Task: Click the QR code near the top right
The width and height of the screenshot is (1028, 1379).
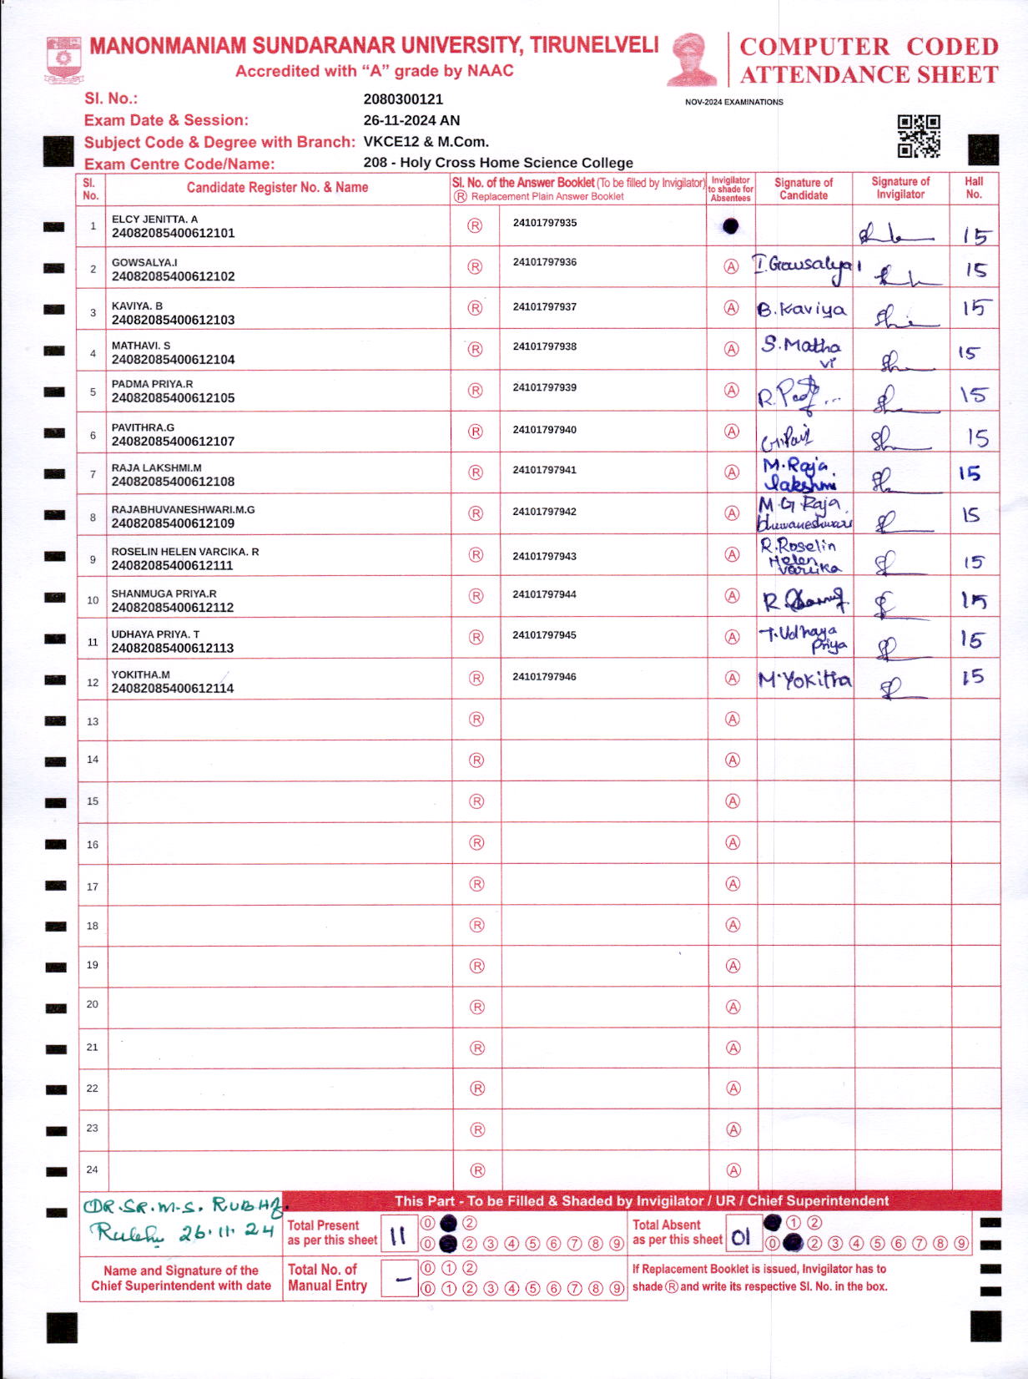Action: click(x=919, y=136)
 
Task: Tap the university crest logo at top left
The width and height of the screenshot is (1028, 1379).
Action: click(x=63, y=58)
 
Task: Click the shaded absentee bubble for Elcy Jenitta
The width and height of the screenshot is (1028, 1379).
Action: click(x=731, y=225)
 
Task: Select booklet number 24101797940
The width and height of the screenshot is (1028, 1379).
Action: click(x=544, y=430)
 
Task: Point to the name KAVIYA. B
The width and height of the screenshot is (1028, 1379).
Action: click(x=137, y=306)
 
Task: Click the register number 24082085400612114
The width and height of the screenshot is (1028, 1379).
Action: click(x=173, y=689)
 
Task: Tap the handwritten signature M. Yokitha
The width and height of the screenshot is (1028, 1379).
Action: click(x=804, y=680)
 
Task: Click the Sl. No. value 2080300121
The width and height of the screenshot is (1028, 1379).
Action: click(x=403, y=99)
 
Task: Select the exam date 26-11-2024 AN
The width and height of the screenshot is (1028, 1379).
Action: click(x=411, y=120)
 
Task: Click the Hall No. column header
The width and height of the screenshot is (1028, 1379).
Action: click(x=974, y=188)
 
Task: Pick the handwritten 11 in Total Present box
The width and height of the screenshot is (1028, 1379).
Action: click(x=398, y=1235)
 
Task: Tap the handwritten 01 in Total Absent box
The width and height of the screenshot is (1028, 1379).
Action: click(x=741, y=1237)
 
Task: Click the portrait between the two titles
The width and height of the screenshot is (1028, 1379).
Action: click(x=692, y=59)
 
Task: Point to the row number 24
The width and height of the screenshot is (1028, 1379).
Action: click(x=93, y=1169)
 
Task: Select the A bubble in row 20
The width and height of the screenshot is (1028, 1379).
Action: click(x=733, y=1007)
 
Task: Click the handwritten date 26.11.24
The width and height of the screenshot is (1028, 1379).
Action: click(x=225, y=1232)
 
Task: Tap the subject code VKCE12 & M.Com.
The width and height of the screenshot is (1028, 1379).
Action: click(x=426, y=142)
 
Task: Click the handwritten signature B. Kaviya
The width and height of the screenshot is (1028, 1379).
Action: click(x=802, y=310)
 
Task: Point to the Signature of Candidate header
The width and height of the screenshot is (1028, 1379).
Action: click(x=803, y=189)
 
